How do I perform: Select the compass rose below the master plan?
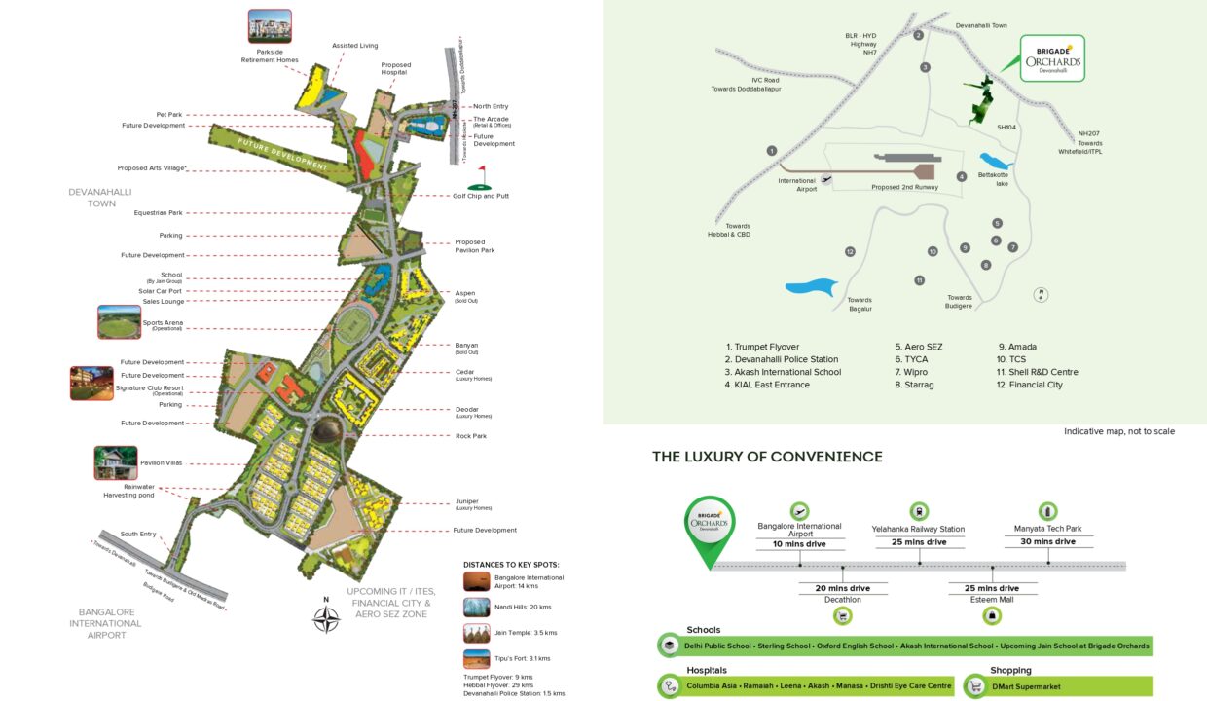[326, 618]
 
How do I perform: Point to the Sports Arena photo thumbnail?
[119, 321]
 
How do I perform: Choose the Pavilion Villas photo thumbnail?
[115, 462]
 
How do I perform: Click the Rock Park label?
[471, 436]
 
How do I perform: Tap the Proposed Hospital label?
[395, 69]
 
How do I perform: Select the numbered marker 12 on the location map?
[850, 252]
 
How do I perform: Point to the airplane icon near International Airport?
[826, 179]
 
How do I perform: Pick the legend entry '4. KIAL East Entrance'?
[767, 385]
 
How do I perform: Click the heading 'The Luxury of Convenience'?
[767, 457]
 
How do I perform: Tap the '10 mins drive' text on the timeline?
[798, 543]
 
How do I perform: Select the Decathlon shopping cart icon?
[843, 615]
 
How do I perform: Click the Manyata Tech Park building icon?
[1047, 510]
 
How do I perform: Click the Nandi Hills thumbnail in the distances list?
[476, 607]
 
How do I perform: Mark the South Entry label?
[137, 534]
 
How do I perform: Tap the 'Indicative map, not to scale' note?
[1118, 431]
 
